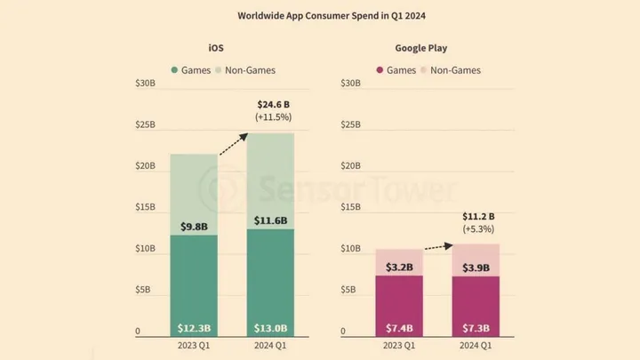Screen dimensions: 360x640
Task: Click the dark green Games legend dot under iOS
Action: tap(174, 68)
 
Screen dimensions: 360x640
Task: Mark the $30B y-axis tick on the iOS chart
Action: tap(146, 84)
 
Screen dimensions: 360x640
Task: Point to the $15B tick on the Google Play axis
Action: tap(350, 207)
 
